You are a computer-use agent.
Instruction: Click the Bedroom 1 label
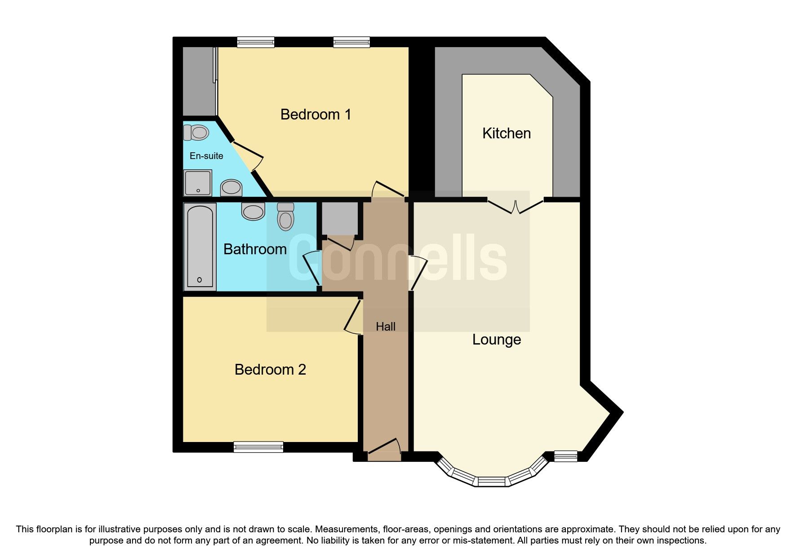315,115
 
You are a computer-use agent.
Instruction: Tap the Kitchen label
506,133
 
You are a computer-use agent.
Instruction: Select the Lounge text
496,340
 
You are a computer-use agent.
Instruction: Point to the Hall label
385,327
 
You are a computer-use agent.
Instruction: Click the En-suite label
206,156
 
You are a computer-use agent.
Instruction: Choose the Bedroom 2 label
270,370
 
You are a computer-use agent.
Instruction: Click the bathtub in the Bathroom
200,247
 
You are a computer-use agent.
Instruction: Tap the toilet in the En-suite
197,133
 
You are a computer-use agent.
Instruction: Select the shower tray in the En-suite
198,183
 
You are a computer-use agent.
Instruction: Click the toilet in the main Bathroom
285,217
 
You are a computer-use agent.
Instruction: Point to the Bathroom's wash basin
253,211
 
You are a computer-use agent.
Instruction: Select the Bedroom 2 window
258,446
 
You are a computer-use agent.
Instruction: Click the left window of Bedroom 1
255,42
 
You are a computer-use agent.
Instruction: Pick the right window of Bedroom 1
351,42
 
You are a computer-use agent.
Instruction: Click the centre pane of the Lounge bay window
491,482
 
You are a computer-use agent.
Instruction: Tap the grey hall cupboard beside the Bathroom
340,218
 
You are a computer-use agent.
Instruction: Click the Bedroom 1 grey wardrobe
198,81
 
